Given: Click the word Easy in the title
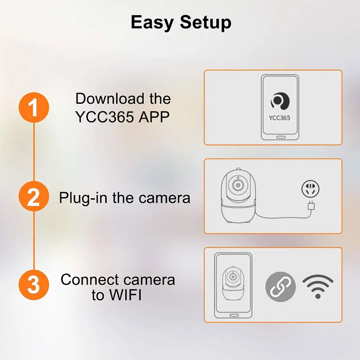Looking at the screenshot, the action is (152, 22).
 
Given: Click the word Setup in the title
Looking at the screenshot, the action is (206, 22).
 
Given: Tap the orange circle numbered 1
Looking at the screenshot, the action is (34, 108).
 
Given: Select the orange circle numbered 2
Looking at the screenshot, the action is (34, 196).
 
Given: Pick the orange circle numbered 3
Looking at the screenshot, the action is (34, 285).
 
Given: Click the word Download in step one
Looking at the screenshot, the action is (110, 99).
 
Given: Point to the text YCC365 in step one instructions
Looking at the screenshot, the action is (105, 117).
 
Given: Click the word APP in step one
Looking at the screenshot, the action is (154, 117).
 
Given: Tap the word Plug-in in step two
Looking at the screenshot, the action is (83, 198).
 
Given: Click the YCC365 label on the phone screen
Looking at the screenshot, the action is (279, 118).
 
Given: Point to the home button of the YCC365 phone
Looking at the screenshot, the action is (280, 137).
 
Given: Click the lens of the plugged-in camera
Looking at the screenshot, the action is (238, 185).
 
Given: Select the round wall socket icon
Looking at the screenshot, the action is (310, 189).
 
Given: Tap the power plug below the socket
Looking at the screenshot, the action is (311, 206).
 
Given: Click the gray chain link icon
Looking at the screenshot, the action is (280, 287).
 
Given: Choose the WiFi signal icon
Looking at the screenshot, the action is (318, 286).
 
